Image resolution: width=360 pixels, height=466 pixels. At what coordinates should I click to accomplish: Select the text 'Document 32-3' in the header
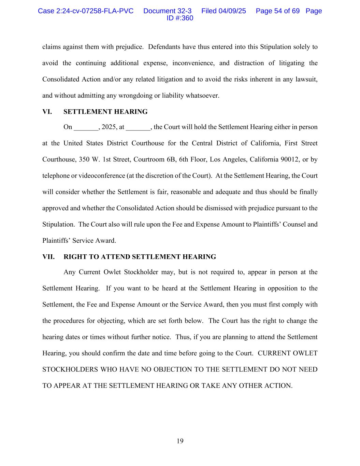click(167, 11)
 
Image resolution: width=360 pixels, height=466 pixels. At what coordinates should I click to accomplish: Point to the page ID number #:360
click(185, 18)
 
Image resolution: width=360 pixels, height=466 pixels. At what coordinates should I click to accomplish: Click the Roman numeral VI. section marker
click(47, 112)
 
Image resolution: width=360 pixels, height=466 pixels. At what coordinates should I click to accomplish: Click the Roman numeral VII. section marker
click(48, 257)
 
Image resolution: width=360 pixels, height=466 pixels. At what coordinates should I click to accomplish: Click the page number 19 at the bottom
click(180, 441)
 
